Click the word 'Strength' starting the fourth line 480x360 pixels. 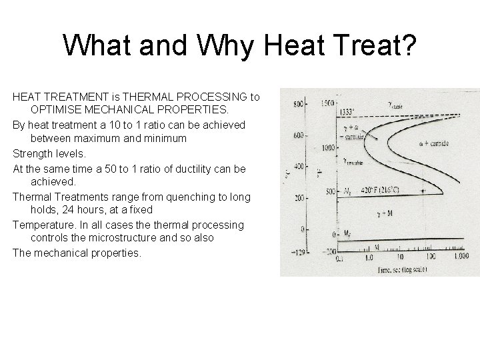coord(33,153)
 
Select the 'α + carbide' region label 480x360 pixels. coord(443,144)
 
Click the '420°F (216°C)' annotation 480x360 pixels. coord(382,189)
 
